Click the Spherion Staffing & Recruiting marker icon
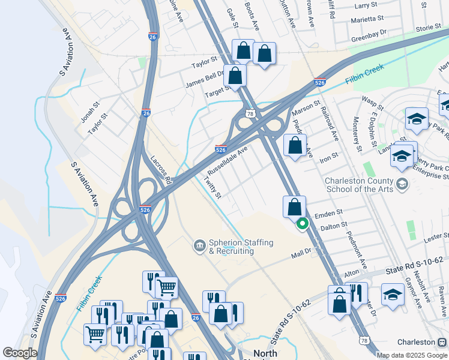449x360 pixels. click(199, 245)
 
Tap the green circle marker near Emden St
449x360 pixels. click(303, 224)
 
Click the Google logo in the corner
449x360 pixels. click(20, 353)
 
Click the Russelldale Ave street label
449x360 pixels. click(228, 160)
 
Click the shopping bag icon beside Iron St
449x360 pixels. click(295, 146)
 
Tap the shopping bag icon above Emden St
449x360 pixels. click(294, 208)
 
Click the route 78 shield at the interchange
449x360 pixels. click(249, 113)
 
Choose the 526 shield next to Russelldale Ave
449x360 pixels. click(220, 149)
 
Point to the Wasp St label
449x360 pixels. click(372, 99)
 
